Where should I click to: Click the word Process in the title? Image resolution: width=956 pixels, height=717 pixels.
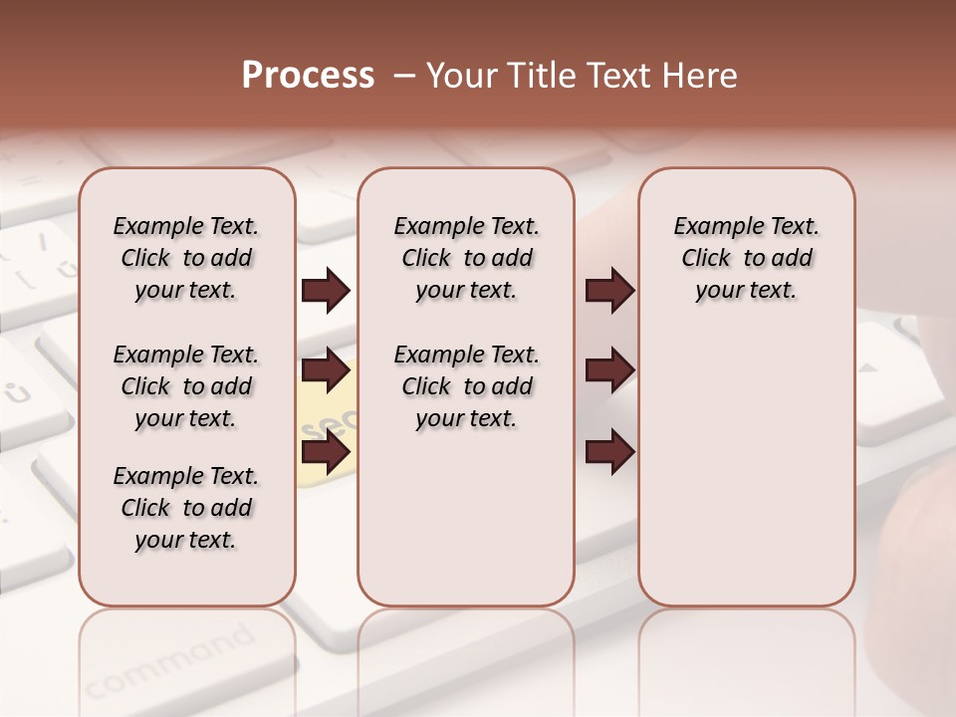[x=308, y=76]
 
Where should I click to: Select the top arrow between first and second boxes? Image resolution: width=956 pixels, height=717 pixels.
[x=326, y=291]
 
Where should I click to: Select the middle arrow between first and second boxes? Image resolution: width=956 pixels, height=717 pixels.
[x=326, y=371]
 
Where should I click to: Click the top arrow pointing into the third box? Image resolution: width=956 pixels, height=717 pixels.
[x=609, y=291]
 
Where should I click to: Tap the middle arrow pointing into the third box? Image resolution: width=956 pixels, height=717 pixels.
[x=609, y=371]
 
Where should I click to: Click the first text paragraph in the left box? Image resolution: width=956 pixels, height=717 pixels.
[x=186, y=258]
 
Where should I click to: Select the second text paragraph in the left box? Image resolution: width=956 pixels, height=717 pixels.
[x=186, y=386]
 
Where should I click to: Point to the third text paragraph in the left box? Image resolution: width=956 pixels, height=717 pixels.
[x=186, y=508]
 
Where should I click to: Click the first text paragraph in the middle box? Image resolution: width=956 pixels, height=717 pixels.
[x=467, y=258]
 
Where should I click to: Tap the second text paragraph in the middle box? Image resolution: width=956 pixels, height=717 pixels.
[x=467, y=386]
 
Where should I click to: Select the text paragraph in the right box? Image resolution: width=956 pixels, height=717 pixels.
[x=747, y=258]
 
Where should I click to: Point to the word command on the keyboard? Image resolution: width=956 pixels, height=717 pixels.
[x=169, y=662]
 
